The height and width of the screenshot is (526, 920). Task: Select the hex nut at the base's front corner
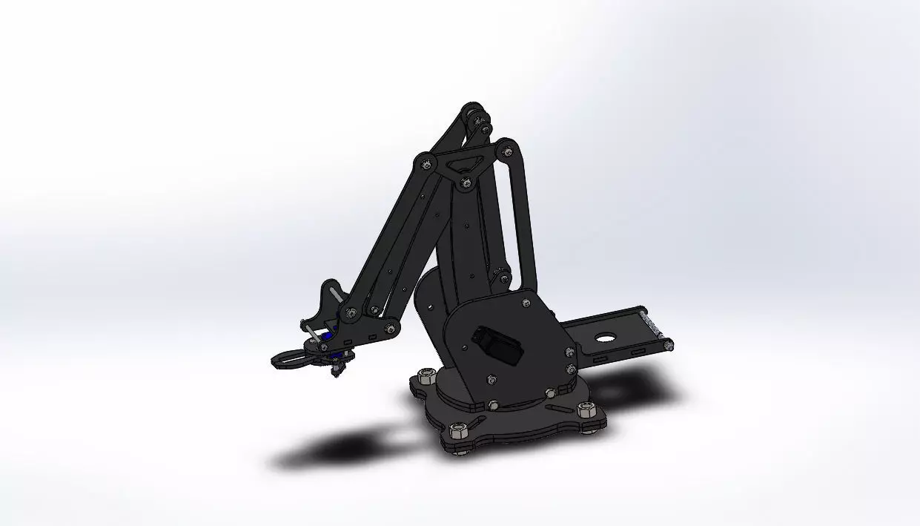[458, 430]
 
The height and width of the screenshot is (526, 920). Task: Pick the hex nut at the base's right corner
[586, 410]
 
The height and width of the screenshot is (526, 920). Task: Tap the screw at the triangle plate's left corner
[424, 160]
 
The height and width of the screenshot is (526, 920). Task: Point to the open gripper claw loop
[291, 358]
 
